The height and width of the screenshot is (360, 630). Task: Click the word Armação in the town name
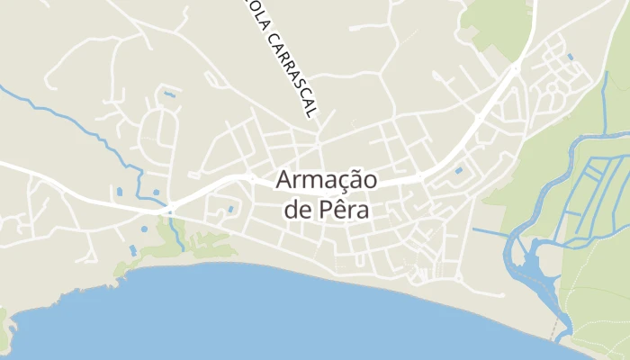pos(326,179)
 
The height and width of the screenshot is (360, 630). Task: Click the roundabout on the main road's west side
pos(170,209)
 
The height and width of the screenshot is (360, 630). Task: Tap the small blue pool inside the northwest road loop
pos(169,94)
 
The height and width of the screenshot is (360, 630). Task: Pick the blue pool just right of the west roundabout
pos(230,209)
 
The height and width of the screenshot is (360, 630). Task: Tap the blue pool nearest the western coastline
pos(133,248)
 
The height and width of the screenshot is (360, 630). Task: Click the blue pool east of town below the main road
pos(459,169)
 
